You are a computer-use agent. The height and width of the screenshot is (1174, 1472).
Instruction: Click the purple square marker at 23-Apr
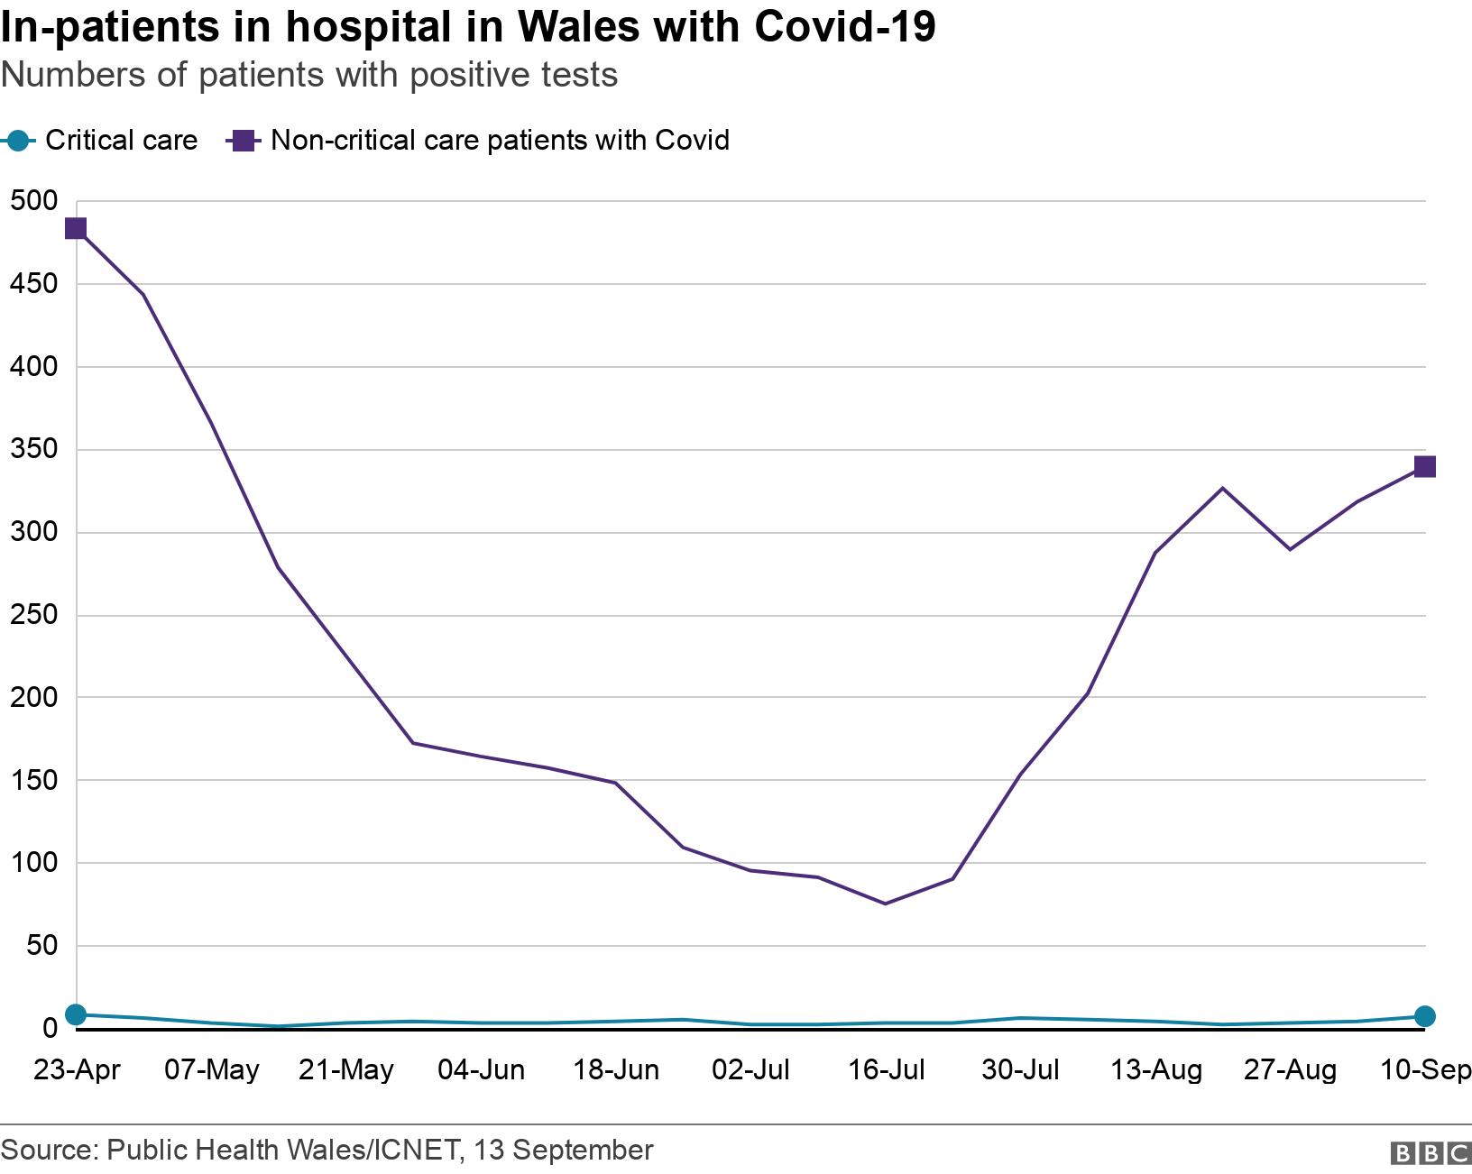[76, 229]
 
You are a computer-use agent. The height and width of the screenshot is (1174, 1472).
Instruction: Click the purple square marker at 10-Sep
[1424, 466]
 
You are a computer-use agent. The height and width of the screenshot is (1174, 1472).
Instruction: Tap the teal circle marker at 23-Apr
[76, 1015]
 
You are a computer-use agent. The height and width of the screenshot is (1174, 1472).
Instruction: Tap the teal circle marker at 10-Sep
[1424, 1016]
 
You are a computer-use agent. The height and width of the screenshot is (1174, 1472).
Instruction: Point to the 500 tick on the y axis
[33, 201]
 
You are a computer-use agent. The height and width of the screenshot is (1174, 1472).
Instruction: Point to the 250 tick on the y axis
[33, 615]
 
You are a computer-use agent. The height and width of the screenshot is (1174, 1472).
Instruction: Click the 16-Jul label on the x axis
[886, 1070]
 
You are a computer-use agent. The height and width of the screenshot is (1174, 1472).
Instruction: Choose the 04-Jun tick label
[481, 1070]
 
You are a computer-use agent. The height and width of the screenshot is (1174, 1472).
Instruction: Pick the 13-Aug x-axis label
[1155, 1070]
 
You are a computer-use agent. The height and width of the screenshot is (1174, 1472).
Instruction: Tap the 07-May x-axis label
[211, 1070]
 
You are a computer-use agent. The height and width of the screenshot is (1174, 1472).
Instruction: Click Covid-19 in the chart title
[844, 27]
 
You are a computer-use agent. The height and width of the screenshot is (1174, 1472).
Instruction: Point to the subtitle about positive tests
[308, 75]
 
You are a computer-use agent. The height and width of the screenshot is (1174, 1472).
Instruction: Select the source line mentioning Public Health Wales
[326, 1151]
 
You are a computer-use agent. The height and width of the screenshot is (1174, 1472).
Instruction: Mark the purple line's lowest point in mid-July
[885, 903]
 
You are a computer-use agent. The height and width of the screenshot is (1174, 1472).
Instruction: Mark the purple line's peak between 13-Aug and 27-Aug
[1222, 488]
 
